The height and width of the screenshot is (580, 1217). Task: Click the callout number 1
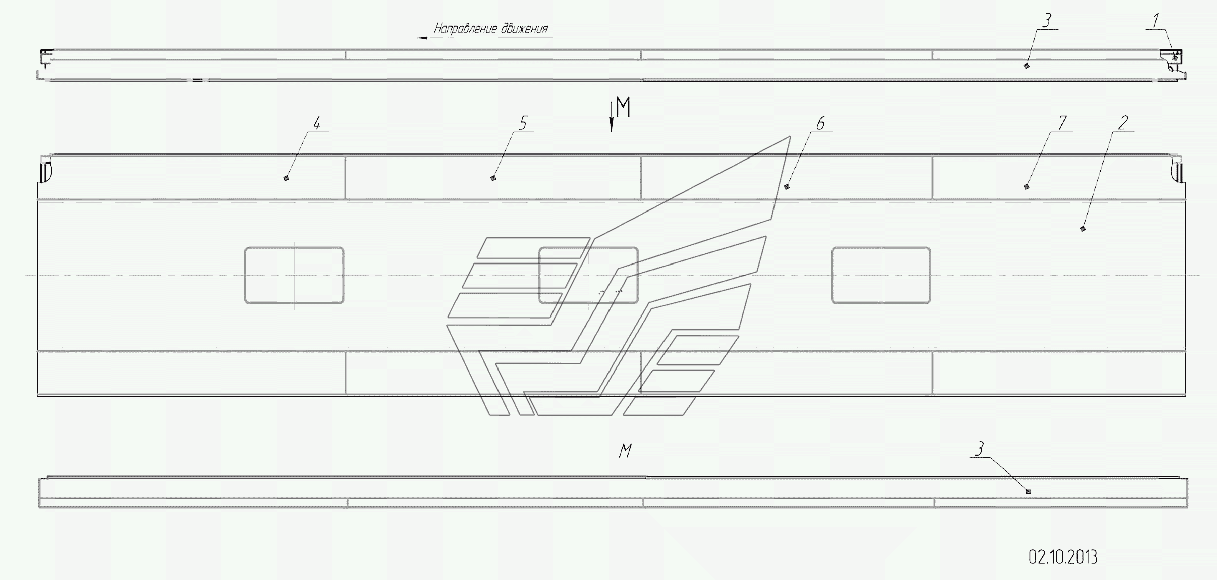point(1155,21)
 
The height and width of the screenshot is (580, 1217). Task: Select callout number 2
point(1123,122)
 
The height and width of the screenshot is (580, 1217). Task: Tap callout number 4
point(317,123)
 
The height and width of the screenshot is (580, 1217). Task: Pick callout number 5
point(523,123)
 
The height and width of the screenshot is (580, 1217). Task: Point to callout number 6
point(820,123)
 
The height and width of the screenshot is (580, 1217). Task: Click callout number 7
point(1062,123)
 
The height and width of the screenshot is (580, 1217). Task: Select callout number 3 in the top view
point(1047,21)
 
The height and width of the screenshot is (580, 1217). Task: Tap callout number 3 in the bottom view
point(979,449)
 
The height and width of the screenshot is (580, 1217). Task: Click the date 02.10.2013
point(1063,557)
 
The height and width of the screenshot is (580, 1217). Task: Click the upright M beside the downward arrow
point(624,107)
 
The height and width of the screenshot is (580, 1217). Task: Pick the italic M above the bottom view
point(625,451)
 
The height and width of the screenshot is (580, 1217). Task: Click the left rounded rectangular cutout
point(294,275)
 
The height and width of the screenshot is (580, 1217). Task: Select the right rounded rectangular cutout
point(881,275)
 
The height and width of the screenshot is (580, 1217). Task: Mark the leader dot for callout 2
point(1082,229)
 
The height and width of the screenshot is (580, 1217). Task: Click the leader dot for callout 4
point(286,178)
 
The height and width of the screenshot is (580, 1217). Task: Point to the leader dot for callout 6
point(786,187)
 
